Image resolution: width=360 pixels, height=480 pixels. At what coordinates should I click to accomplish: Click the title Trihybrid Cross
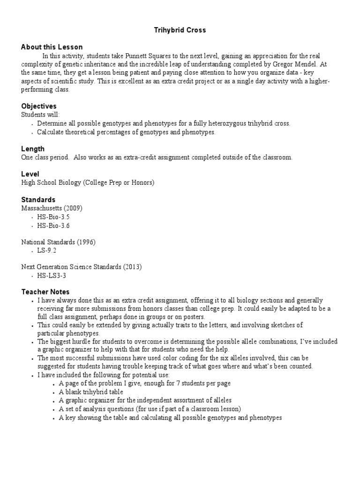(180, 30)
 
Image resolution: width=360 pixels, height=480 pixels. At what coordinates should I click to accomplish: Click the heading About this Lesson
(52, 47)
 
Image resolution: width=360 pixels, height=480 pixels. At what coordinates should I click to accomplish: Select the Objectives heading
(39, 106)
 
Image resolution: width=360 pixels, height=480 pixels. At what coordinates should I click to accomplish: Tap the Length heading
(33, 149)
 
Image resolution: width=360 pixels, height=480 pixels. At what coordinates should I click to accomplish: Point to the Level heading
(30, 174)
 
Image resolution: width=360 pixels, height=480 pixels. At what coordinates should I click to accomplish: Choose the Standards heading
(38, 199)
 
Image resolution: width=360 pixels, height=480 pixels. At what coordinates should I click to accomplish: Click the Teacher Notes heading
(45, 292)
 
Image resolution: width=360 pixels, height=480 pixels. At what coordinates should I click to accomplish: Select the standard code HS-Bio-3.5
(53, 217)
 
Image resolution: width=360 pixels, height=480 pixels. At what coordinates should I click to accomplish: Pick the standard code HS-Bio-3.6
(53, 225)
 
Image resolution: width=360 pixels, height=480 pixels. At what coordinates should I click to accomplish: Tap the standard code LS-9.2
(47, 250)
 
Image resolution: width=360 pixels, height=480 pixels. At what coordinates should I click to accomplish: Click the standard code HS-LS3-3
(51, 276)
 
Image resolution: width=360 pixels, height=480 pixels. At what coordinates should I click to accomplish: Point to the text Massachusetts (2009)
(52, 208)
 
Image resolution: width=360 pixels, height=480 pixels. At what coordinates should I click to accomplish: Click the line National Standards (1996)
(58, 242)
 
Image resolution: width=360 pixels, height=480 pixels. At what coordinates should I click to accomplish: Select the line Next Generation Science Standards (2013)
(81, 267)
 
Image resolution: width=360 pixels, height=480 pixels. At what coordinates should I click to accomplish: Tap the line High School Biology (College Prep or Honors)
(88, 182)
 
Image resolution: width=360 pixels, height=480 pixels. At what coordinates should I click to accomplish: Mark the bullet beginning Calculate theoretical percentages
(126, 132)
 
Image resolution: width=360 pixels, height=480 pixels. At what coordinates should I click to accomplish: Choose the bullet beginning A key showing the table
(170, 417)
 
